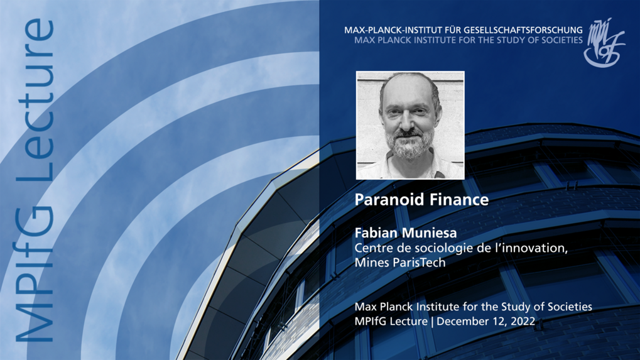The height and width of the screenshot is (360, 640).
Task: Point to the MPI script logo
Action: coord(604,41)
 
